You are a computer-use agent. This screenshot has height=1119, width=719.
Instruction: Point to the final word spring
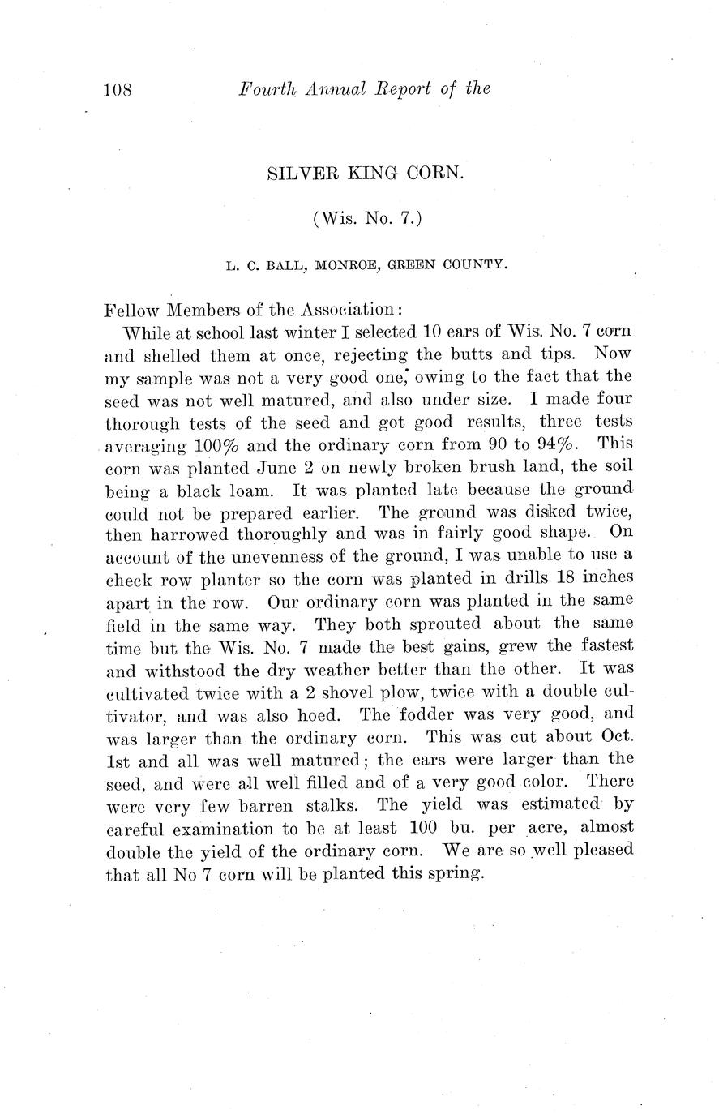[x=456, y=876]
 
